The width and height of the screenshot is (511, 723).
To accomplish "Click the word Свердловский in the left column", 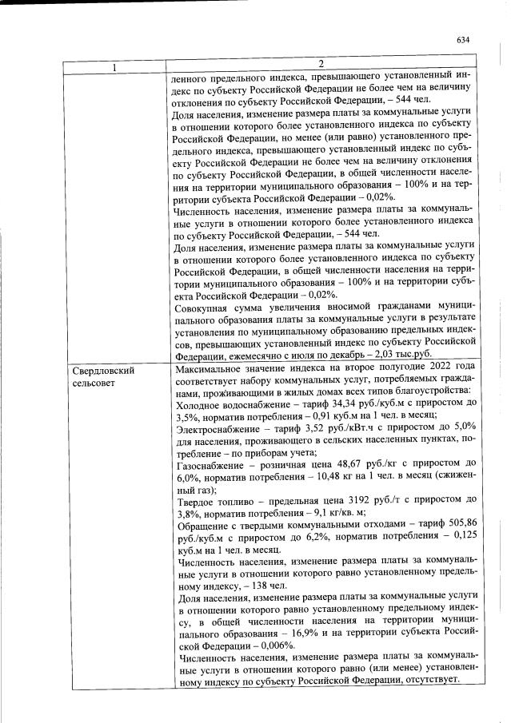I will pyautogui.click(x=103, y=371).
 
